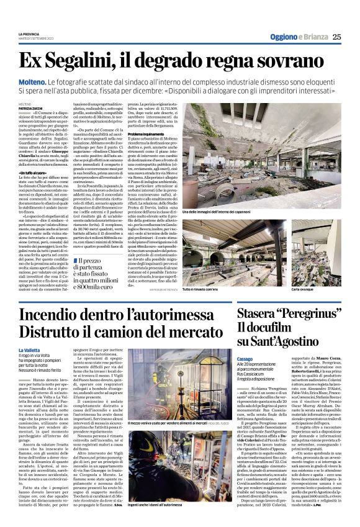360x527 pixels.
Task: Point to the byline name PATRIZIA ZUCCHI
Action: [x=30, y=110]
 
